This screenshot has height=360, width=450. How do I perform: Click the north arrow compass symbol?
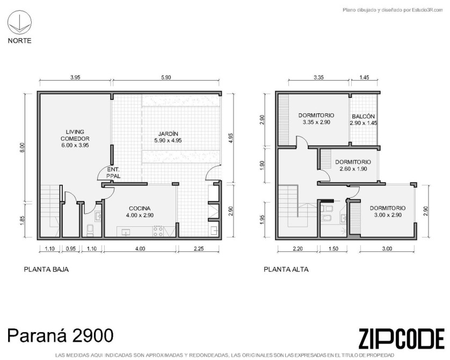coord(19,23)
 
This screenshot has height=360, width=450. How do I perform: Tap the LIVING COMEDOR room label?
coord(75,139)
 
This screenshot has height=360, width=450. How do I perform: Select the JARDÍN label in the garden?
coord(168,137)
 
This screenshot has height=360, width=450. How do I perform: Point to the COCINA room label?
coord(140,212)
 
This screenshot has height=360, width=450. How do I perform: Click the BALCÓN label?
coord(364,119)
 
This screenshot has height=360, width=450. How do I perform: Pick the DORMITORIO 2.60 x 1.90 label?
coord(353,165)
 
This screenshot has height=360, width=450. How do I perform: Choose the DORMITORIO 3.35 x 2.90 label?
coord(316,119)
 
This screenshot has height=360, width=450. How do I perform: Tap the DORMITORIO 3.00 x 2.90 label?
coord(387,211)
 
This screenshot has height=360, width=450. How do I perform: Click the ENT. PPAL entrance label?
coord(113,172)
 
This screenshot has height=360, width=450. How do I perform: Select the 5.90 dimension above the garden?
coord(166,77)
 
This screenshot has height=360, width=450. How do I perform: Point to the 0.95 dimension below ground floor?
coord(70,249)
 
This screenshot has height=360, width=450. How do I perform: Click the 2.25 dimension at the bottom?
coord(199,249)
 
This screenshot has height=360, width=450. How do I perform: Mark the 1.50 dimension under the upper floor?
coord(333,249)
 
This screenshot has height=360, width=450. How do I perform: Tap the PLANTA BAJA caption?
coord(46,270)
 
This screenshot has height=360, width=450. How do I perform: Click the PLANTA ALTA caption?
coord(286,270)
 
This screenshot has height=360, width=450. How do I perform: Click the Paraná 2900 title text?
coord(60,335)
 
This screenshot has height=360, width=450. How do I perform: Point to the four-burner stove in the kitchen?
coord(158,232)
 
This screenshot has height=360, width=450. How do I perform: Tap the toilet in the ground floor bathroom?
coord(90,231)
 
